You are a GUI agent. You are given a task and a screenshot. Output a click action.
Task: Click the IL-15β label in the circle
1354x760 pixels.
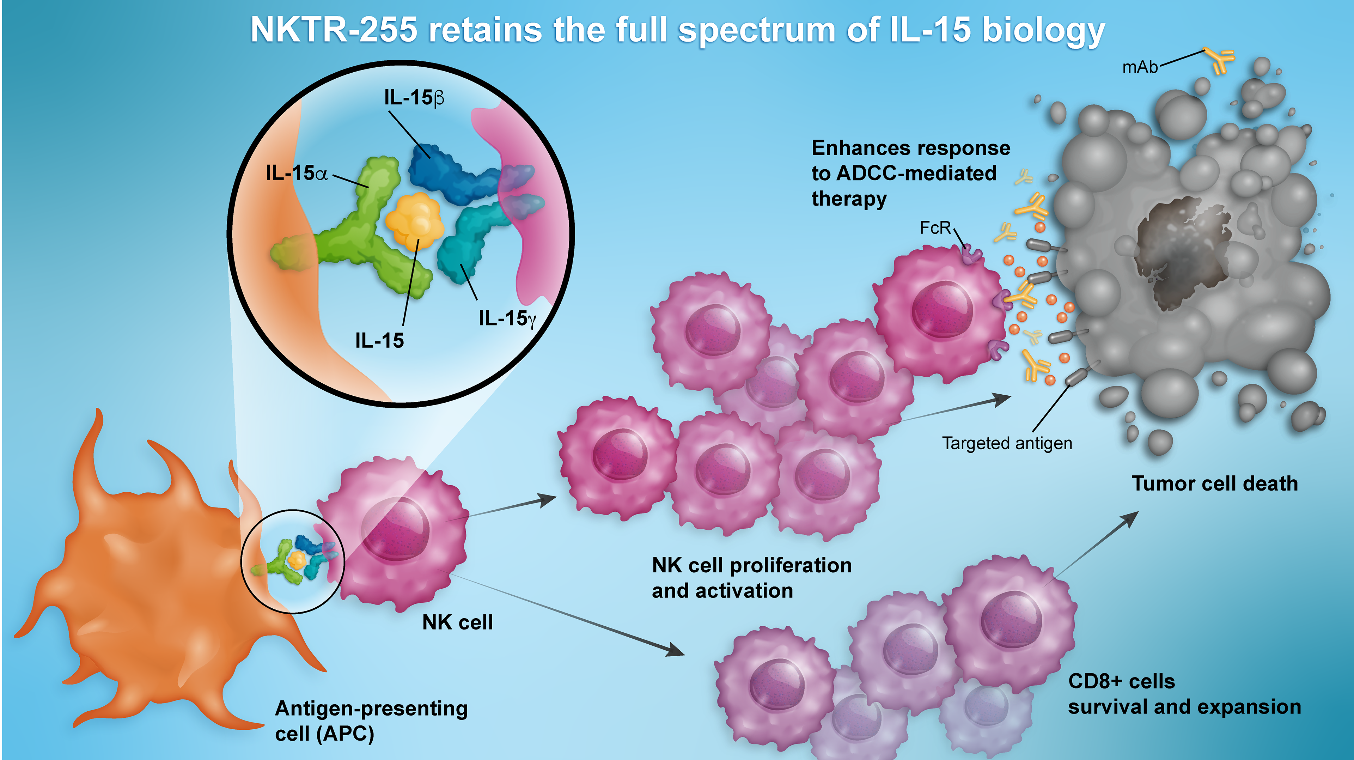coord(414,98)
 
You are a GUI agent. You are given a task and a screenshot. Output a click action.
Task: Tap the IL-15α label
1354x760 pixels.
coord(297,173)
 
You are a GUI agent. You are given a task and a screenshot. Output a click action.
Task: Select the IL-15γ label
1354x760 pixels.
coord(507,318)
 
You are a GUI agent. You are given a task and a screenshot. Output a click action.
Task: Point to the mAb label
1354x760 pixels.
coord(1140,67)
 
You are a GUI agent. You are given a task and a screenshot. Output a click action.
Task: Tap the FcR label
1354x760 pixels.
coord(935,227)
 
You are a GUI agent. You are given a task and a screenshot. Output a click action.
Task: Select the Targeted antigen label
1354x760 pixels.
coord(1007,443)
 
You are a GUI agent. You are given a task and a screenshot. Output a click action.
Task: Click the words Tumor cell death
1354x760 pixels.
coord(1215,483)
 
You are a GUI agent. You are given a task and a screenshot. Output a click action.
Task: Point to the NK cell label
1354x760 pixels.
coord(457,622)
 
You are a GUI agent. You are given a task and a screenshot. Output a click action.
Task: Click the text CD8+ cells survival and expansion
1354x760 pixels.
coord(1184,694)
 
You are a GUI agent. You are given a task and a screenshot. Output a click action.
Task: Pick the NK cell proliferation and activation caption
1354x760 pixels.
coord(752,578)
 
